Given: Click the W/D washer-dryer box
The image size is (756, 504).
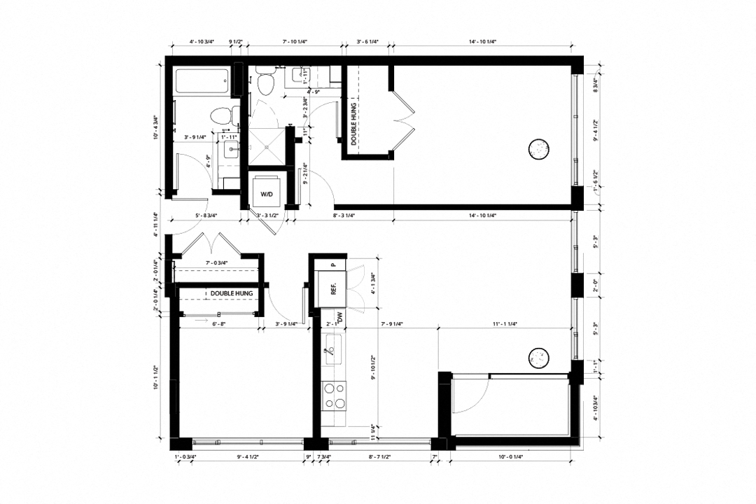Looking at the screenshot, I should point(266,192).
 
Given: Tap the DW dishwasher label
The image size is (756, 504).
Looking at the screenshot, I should point(339,316).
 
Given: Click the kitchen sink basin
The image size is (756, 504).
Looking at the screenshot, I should point(333,347).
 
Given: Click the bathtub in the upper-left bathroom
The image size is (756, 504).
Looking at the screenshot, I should point(202,83).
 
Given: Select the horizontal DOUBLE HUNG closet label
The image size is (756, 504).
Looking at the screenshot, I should point(223,293).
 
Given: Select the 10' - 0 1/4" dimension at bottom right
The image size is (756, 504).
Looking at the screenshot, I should point(510,456).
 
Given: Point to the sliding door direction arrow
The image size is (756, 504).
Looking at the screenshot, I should point(203,317).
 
